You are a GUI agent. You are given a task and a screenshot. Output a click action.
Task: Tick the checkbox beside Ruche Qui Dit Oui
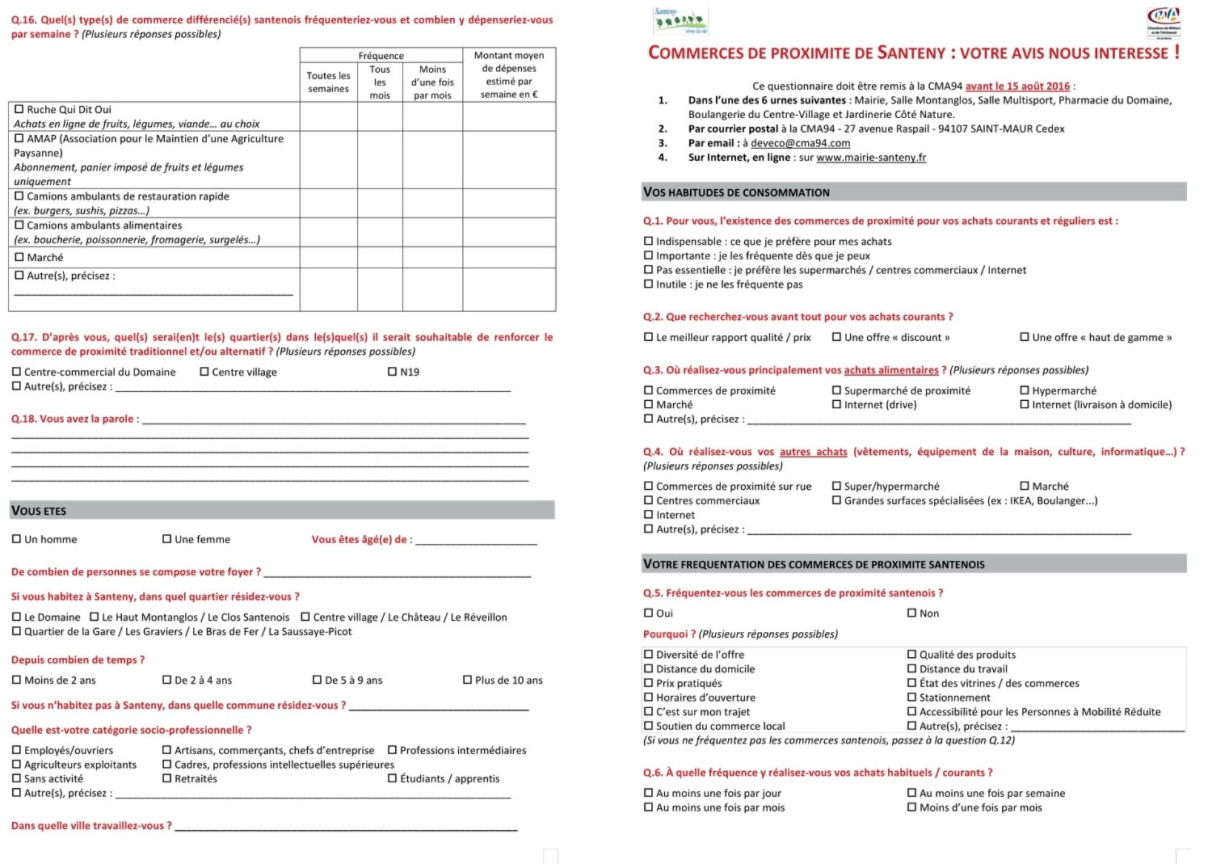tap(19, 109)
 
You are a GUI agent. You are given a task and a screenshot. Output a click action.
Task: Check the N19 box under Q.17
tap(392, 372)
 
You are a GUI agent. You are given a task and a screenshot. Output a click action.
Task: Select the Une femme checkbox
tap(167, 539)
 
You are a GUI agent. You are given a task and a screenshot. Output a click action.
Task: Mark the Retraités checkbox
tap(167, 779)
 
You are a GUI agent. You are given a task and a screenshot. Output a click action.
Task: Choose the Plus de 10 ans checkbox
tap(467, 680)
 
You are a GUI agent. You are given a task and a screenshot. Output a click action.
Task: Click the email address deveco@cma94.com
tap(800, 143)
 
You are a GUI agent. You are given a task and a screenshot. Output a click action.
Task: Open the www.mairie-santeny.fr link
tap(871, 158)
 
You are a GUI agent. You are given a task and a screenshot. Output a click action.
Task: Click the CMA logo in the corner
tap(1164, 22)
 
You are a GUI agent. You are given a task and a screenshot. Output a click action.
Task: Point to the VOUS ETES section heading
tap(39, 511)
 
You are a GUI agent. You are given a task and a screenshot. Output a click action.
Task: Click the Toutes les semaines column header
tap(328, 82)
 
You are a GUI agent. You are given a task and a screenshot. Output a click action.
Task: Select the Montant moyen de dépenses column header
tap(508, 75)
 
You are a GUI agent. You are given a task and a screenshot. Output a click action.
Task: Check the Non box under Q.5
tap(911, 613)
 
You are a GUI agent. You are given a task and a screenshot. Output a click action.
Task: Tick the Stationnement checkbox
tap(911, 697)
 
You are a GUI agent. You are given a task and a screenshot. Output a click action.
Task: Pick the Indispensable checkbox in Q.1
tap(648, 241)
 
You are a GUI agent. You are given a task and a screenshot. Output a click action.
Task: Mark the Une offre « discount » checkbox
tap(836, 337)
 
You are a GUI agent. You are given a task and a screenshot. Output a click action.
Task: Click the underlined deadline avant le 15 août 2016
tap(1017, 86)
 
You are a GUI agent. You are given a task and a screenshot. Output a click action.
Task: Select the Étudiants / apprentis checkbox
tap(392, 779)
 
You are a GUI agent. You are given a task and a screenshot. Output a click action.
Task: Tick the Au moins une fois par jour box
tap(648, 793)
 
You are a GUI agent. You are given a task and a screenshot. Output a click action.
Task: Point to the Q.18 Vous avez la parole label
tap(75, 419)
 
